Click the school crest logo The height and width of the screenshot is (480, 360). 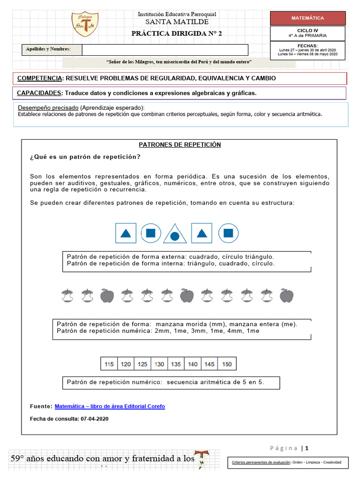[85, 24]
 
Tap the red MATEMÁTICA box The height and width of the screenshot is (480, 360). [307, 18]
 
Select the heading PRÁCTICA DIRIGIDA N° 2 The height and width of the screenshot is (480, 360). [177, 33]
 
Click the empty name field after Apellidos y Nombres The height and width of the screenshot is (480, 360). [165, 50]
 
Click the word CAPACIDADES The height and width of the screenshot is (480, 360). [39, 93]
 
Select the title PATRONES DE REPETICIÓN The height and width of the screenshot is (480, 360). [180, 145]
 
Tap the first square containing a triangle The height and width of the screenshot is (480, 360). [126, 233]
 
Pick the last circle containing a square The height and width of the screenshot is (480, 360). [228, 233]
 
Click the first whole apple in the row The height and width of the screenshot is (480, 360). [107, 296]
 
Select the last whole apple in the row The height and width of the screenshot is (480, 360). [286, 296]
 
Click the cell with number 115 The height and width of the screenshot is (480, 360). [109, 364]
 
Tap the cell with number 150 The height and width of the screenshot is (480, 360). [227, 364]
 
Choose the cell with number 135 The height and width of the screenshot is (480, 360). [176, 364]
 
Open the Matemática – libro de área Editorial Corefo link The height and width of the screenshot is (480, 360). [110, 406]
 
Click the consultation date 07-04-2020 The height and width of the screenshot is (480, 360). [94, 419]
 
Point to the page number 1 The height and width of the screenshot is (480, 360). [307, 448]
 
